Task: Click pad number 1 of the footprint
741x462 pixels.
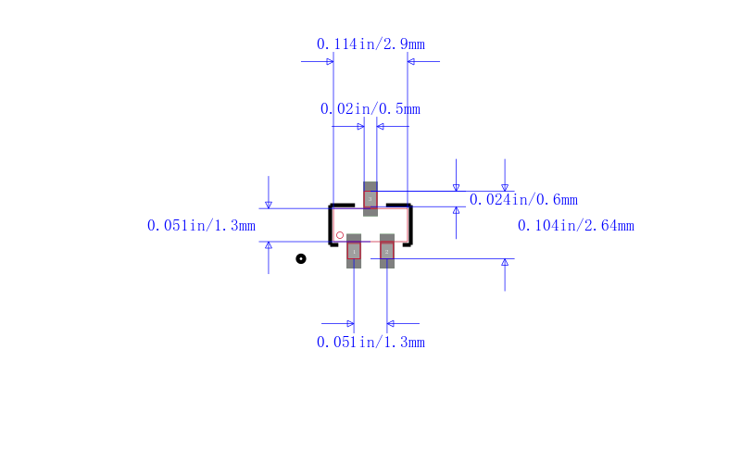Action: (x=354, y=251)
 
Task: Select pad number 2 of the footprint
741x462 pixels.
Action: (x=387, y=251)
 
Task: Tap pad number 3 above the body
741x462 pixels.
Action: (x=370, y=199)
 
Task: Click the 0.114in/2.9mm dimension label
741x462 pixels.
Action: (x=370, y=44)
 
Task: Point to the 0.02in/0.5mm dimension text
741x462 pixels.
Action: (x=370, y=109)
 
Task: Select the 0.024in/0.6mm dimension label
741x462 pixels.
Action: (x=523, y=200)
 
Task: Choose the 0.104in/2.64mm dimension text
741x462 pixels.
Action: (x=576, y=226)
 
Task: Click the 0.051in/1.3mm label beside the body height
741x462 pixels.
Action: (x=201, y=226)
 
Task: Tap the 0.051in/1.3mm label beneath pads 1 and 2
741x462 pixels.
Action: (x=370, y=342)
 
